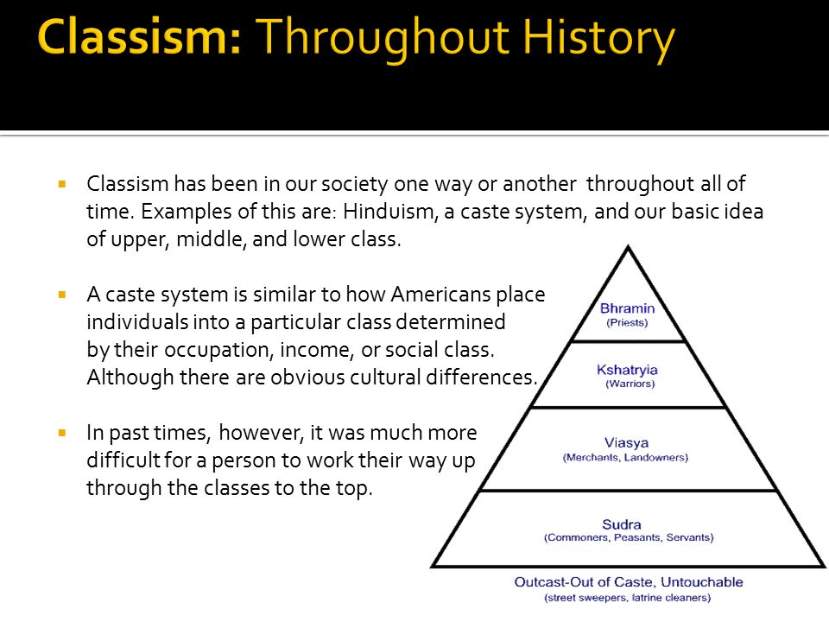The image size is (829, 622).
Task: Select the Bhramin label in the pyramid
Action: point(627,308)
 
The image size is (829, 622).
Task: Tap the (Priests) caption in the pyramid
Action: point(627,323)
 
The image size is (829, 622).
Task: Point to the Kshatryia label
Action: point(628,370)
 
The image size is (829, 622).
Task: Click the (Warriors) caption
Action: point(630,384)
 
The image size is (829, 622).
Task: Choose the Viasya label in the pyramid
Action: point(627,443)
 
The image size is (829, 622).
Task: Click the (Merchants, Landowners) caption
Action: point(627,457)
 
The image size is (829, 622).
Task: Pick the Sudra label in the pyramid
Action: point(628,524)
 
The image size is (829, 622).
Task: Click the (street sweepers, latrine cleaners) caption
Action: point(628,597)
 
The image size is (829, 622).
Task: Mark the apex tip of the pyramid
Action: point(628,247)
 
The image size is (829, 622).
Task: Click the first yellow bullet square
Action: point(62,184)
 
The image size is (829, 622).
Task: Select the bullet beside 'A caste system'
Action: point(62,295)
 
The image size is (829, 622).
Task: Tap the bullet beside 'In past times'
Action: point(62,431)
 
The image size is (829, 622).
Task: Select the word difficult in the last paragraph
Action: point(121,460)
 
